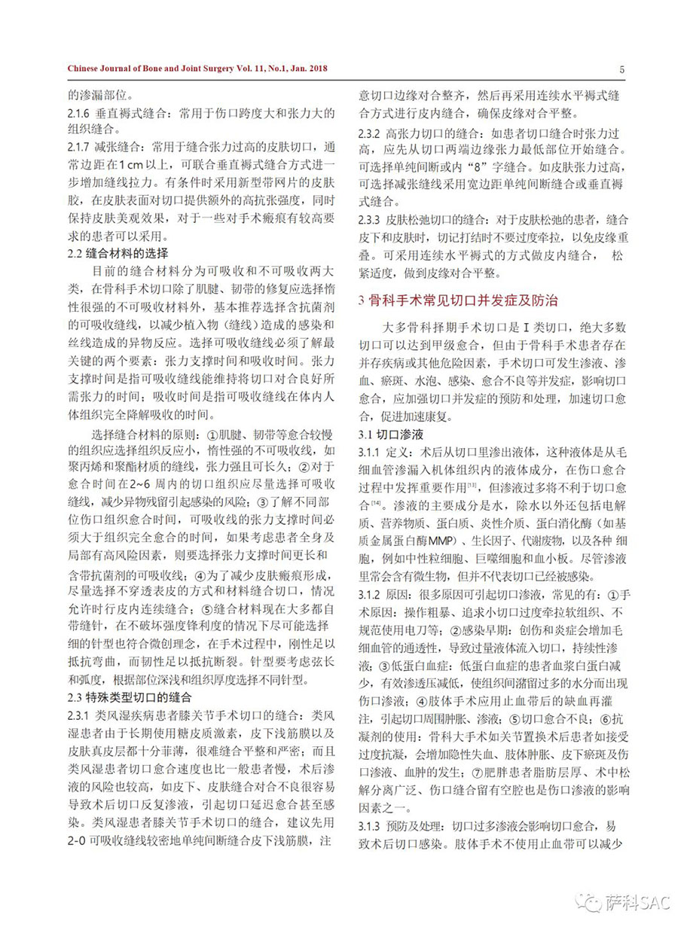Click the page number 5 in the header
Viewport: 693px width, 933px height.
622,70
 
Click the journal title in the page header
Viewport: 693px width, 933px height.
197,70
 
